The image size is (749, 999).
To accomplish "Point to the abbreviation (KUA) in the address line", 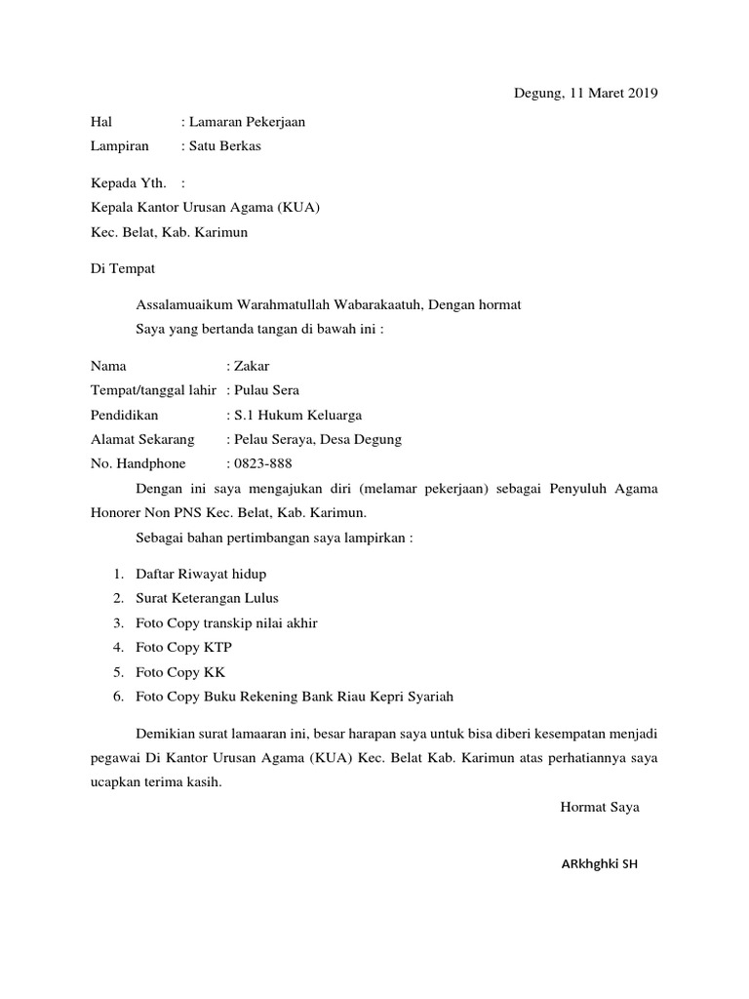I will (x=298, y=207).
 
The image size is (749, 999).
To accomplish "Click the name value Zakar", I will (x=252, y=366).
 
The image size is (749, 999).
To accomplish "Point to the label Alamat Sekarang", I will (x=142, y=439).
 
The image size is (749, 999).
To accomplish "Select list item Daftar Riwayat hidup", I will (x=201, y=574).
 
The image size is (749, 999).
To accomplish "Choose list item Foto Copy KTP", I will (x=184, y=647).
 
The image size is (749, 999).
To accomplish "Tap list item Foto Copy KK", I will (x=181, y=671).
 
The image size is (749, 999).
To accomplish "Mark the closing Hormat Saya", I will (x=600, y=807).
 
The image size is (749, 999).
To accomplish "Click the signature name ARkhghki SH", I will (x=599, y=865).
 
